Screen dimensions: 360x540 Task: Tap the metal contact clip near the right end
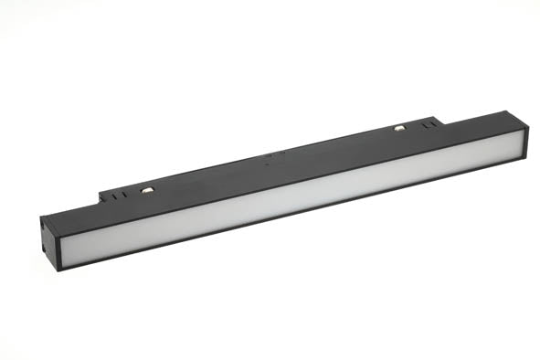tap(399, 127)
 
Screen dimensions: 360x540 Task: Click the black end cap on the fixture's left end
tap(48, 238)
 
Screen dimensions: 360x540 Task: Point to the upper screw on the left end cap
tap(44, 222)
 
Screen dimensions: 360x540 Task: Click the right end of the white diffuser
tap(521, 143)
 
